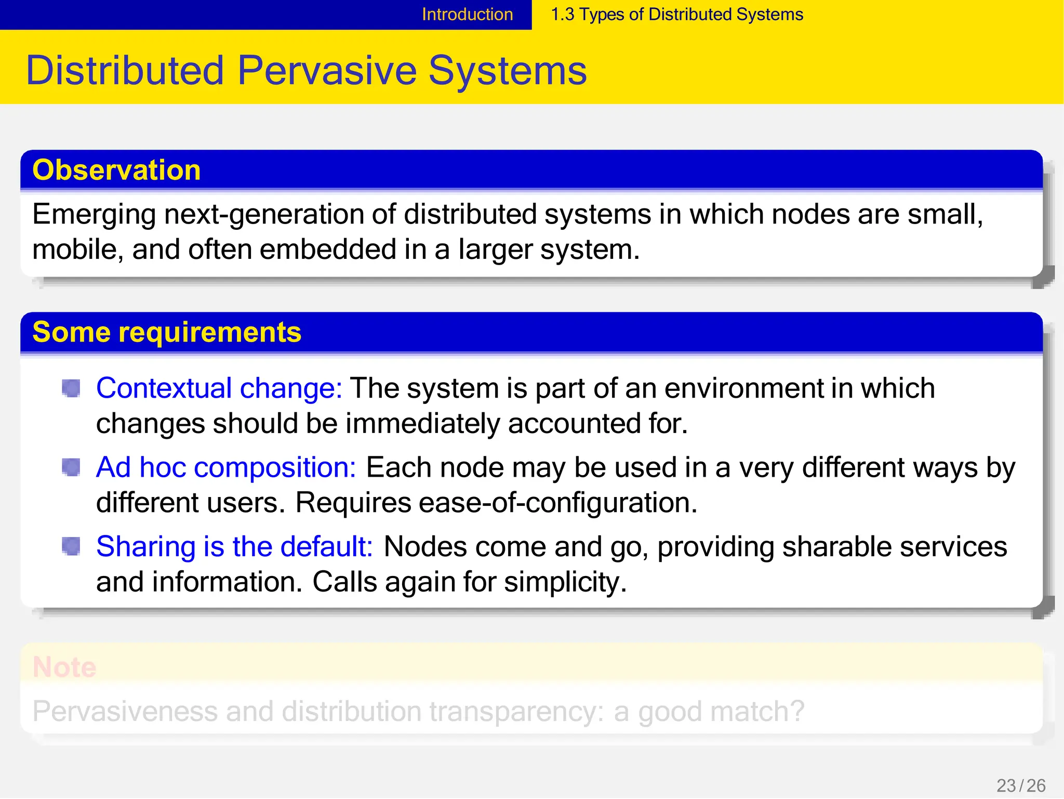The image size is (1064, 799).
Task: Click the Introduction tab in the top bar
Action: coord(467,15)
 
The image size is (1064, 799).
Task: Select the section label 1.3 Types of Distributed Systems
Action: coord(676,15)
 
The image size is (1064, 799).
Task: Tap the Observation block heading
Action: coord(116,170)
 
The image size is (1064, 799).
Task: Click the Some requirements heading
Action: coord(166,332)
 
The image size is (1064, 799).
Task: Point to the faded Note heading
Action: coord(64,667)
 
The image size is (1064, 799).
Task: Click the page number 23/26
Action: coord(1020,785)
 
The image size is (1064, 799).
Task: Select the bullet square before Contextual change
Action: coord(71,388)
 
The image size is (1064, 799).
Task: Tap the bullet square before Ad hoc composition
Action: coord(71,467)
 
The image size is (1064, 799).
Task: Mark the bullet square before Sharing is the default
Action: coord(71,546)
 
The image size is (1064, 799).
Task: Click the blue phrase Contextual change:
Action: coord(219,388)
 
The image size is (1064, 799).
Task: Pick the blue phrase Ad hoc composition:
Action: coord(226,467)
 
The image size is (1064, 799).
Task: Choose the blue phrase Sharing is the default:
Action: coord(234,547)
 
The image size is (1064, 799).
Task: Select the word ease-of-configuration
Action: coord(558,503)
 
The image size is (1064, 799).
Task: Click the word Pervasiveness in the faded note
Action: coord(125,712)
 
